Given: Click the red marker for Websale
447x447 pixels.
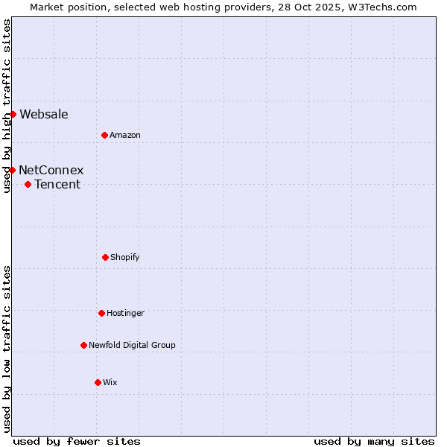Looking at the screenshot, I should pos(13,114).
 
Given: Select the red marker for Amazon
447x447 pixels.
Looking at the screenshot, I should pos(104,135).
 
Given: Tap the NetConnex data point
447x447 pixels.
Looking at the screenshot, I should pos(13,170).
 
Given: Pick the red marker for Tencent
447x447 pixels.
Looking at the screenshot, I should pos(28,184).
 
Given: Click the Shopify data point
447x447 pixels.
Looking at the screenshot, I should pos(105,257).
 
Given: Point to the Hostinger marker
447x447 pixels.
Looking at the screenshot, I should pos(101,313).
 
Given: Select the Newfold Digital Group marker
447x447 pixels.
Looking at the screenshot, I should pos(83,345).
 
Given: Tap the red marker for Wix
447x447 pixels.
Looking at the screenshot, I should pos(98,382).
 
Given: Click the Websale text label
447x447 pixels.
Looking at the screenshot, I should pos(44,114).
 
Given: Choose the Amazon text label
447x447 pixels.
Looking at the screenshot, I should pos(125,135).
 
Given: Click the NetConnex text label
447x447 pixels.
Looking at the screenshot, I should pos(51,170).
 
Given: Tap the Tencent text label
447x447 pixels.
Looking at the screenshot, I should pos(57,184).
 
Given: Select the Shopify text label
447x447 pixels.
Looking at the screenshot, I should pos(125,257).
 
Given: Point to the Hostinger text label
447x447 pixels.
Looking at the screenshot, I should pos(125,313).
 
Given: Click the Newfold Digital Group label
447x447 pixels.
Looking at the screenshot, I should pos(132,345).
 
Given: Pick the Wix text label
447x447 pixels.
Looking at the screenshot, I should pos(110,382).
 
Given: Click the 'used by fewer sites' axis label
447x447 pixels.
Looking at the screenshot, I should pos(77,441).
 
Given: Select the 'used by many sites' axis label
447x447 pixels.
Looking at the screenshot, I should pos(374,441).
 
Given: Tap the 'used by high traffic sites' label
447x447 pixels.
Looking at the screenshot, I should pos(7,106).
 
